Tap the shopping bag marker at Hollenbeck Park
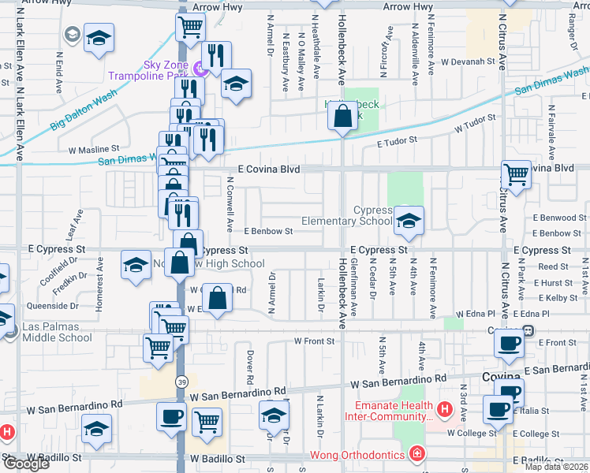[342, 117]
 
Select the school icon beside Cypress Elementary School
[408, 222]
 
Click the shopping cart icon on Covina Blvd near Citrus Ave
[516, 174]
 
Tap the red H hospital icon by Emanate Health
[444, 408]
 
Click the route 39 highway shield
[181, 382]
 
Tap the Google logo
[25, 464]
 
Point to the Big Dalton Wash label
[84, 108]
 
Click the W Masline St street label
[94, 147]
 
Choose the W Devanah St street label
[467, 61]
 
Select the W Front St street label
[315, 341]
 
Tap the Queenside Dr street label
[53, 306]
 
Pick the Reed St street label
[554, 267]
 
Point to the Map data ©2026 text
[557, 467]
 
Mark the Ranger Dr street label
[573, 30]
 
